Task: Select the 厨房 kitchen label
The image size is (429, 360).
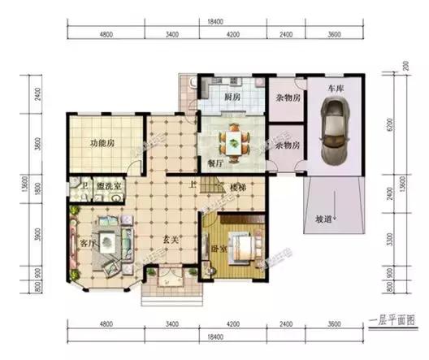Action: (232, 98)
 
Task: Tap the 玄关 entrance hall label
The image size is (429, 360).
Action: (169, 241)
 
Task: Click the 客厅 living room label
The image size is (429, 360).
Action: (88, 241)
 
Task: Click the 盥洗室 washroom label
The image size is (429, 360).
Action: (109, 187)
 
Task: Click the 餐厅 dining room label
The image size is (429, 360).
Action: (214, 163)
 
